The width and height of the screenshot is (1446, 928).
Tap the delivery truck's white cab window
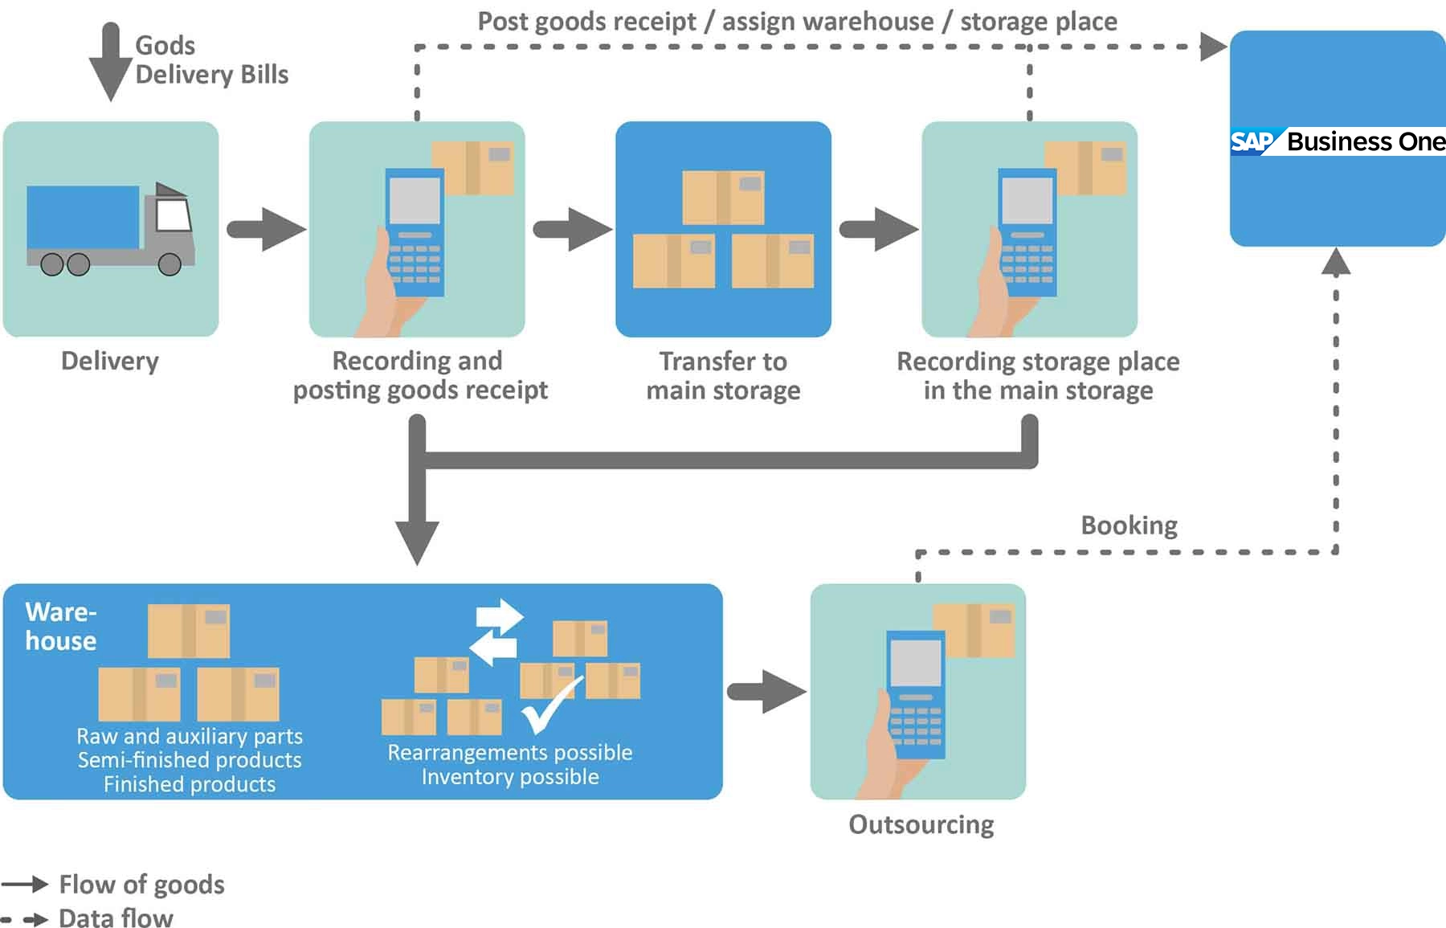pyautogui.click(x=173, y=215)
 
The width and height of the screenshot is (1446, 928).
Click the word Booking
pyautogui.click(x=1129, y=525)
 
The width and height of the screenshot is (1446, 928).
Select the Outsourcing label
pyautogui.click(x=921, y=824)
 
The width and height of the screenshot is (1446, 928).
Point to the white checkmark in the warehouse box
pyautogui.click(x=549, y=705)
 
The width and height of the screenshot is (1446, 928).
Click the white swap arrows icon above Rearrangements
pyautogui.click(x=496, y=632)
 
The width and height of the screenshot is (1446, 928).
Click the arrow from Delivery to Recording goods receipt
pyautogui.click(x=266, y=230)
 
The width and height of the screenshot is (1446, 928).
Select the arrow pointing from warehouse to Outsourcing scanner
pyautogui.click(x=767, y=692)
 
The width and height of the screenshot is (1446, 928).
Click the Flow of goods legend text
pyautogui.click(x=141, y=885)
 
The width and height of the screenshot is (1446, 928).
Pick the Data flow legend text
pyautogui.click(x=116, y=918)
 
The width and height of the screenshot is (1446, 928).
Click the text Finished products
pyautogui.click(x=190, y=784)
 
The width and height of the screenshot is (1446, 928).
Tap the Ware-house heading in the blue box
pyautogui.click(x=61, y=627)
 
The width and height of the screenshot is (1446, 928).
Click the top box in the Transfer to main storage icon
pyautogui.click(x=723, y=197)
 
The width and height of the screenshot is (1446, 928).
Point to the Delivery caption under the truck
pyautogui.click(x=110, y=361)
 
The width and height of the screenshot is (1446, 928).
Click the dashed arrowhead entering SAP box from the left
pyautogui.click(x=1213, y=47)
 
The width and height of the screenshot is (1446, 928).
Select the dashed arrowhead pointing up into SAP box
pyautogui.click(x=1335, y=261)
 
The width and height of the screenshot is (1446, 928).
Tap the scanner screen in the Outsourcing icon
pyautogui.click(x=916, y=663)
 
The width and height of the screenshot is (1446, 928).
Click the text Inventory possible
pyautogui.click(x=510, y=777)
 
